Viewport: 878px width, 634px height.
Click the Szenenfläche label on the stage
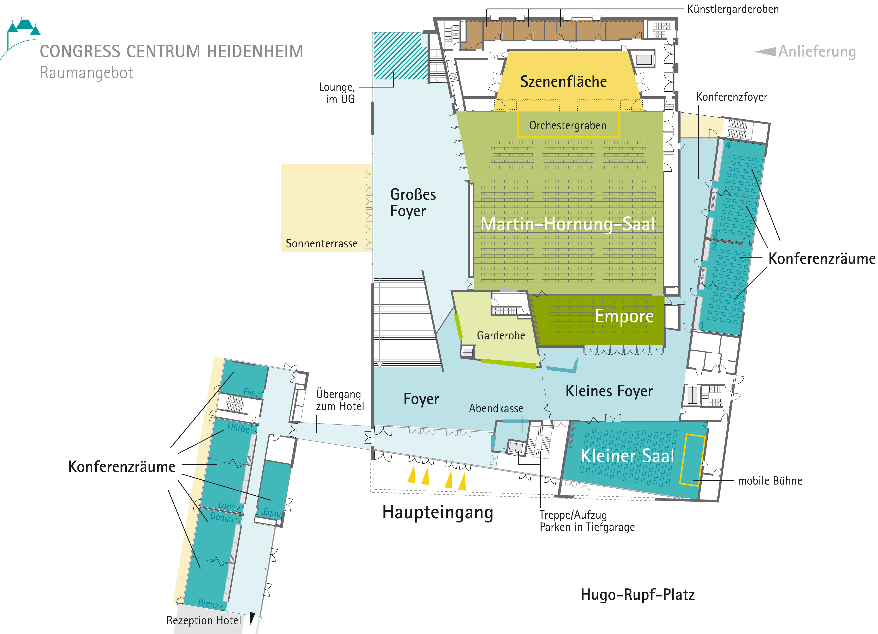[563, 82]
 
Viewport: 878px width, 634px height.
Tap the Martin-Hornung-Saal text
[568, 224]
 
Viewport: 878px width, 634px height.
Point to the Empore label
[624, 316]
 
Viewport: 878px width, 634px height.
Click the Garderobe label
[501, 335]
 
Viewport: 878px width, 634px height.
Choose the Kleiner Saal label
[627, 456]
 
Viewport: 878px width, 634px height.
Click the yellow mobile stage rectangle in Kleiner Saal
[692, 459]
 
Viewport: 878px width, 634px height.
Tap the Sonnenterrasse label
[322, 244]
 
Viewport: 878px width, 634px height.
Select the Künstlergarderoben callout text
[733, 9]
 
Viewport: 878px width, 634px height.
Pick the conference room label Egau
[272, 513]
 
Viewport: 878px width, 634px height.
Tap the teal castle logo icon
[24, 26]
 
